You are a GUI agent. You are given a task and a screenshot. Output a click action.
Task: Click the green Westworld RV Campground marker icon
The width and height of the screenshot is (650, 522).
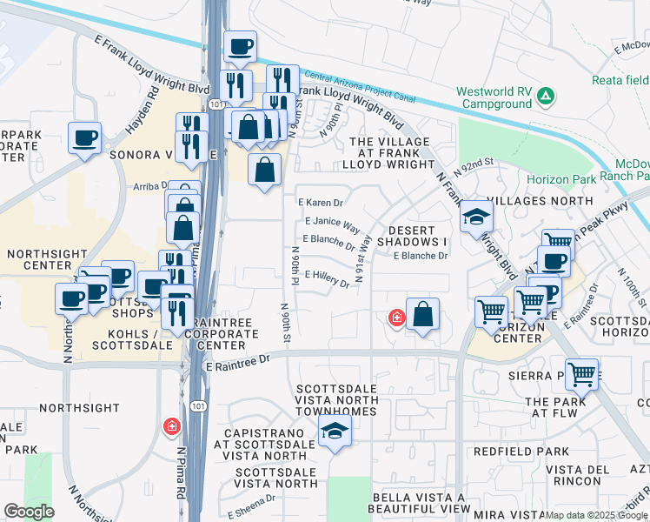click(545, 95)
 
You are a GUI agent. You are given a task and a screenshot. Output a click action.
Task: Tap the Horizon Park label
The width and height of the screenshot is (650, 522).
click(561, 179)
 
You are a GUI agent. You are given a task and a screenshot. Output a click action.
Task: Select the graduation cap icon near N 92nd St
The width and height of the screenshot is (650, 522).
click(476, 217)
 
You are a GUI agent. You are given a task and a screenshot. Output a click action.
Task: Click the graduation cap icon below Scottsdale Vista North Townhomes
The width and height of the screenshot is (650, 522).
click(335, 430)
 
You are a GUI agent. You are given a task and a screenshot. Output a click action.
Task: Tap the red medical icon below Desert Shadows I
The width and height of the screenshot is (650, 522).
click(396, 318)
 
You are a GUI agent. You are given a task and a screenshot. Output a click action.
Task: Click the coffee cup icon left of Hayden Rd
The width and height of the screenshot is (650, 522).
click(84, 137)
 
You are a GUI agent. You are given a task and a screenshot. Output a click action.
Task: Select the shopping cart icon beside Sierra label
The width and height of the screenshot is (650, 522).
click(581, 374)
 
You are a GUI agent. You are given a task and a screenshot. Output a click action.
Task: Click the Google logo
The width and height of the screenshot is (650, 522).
click(29, 512)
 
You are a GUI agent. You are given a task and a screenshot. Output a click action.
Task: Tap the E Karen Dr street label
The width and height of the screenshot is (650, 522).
click(323, 202)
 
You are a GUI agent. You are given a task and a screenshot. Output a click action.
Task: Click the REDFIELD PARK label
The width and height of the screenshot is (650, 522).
click(521, 452)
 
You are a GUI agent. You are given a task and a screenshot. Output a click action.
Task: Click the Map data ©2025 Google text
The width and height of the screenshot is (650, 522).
click(596, 515)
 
